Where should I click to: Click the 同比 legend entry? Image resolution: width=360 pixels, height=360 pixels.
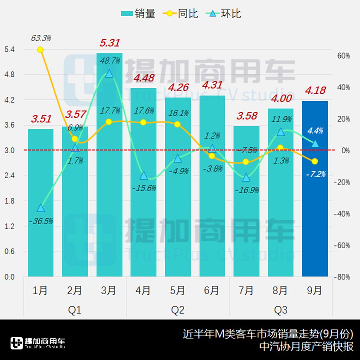[181, 14]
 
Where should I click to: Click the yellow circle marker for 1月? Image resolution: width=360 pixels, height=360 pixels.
[40, 50]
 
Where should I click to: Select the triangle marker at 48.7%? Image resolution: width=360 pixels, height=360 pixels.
[109, 73]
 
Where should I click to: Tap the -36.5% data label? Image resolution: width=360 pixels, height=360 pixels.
[41, 221]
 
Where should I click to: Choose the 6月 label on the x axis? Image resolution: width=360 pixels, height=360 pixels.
[212, 290]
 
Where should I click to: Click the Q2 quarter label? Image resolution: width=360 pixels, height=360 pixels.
[178, 310]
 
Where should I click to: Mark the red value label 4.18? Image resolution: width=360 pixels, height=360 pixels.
[315, 91]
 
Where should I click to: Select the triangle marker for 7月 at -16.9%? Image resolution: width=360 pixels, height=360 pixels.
[246, 178]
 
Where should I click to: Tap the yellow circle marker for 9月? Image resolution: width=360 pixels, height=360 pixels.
[315, 161]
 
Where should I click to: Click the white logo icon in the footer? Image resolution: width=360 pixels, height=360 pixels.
[17, 343]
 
